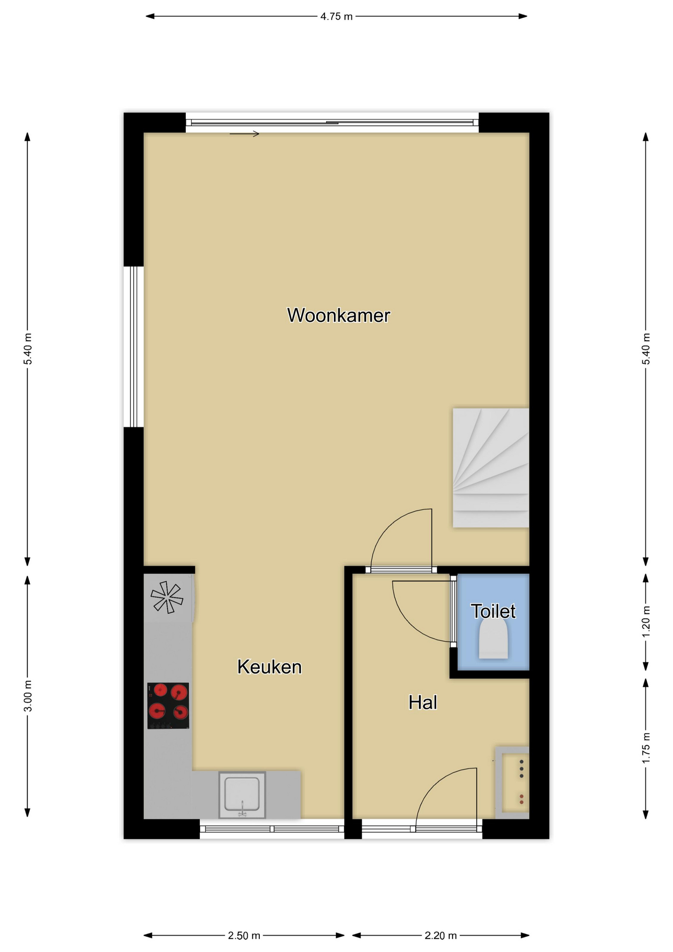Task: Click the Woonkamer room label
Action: pos(338,315)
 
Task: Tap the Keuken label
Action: pos(269,667)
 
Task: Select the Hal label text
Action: pos(422,703)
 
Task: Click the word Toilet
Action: pos(493,611)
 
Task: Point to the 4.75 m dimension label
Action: pos(336,16)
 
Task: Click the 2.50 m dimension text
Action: pos(244,936)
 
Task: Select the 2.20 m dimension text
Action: pos(441,936)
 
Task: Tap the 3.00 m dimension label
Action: pos(28,696)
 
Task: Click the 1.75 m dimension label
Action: pos(646,749)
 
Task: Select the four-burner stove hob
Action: pos(168,706)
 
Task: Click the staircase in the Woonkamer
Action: pos(491,468)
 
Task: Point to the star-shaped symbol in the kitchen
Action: pos(167,597)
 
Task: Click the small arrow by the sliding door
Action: pos(244,134)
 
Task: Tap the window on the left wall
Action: pos(133,347)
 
